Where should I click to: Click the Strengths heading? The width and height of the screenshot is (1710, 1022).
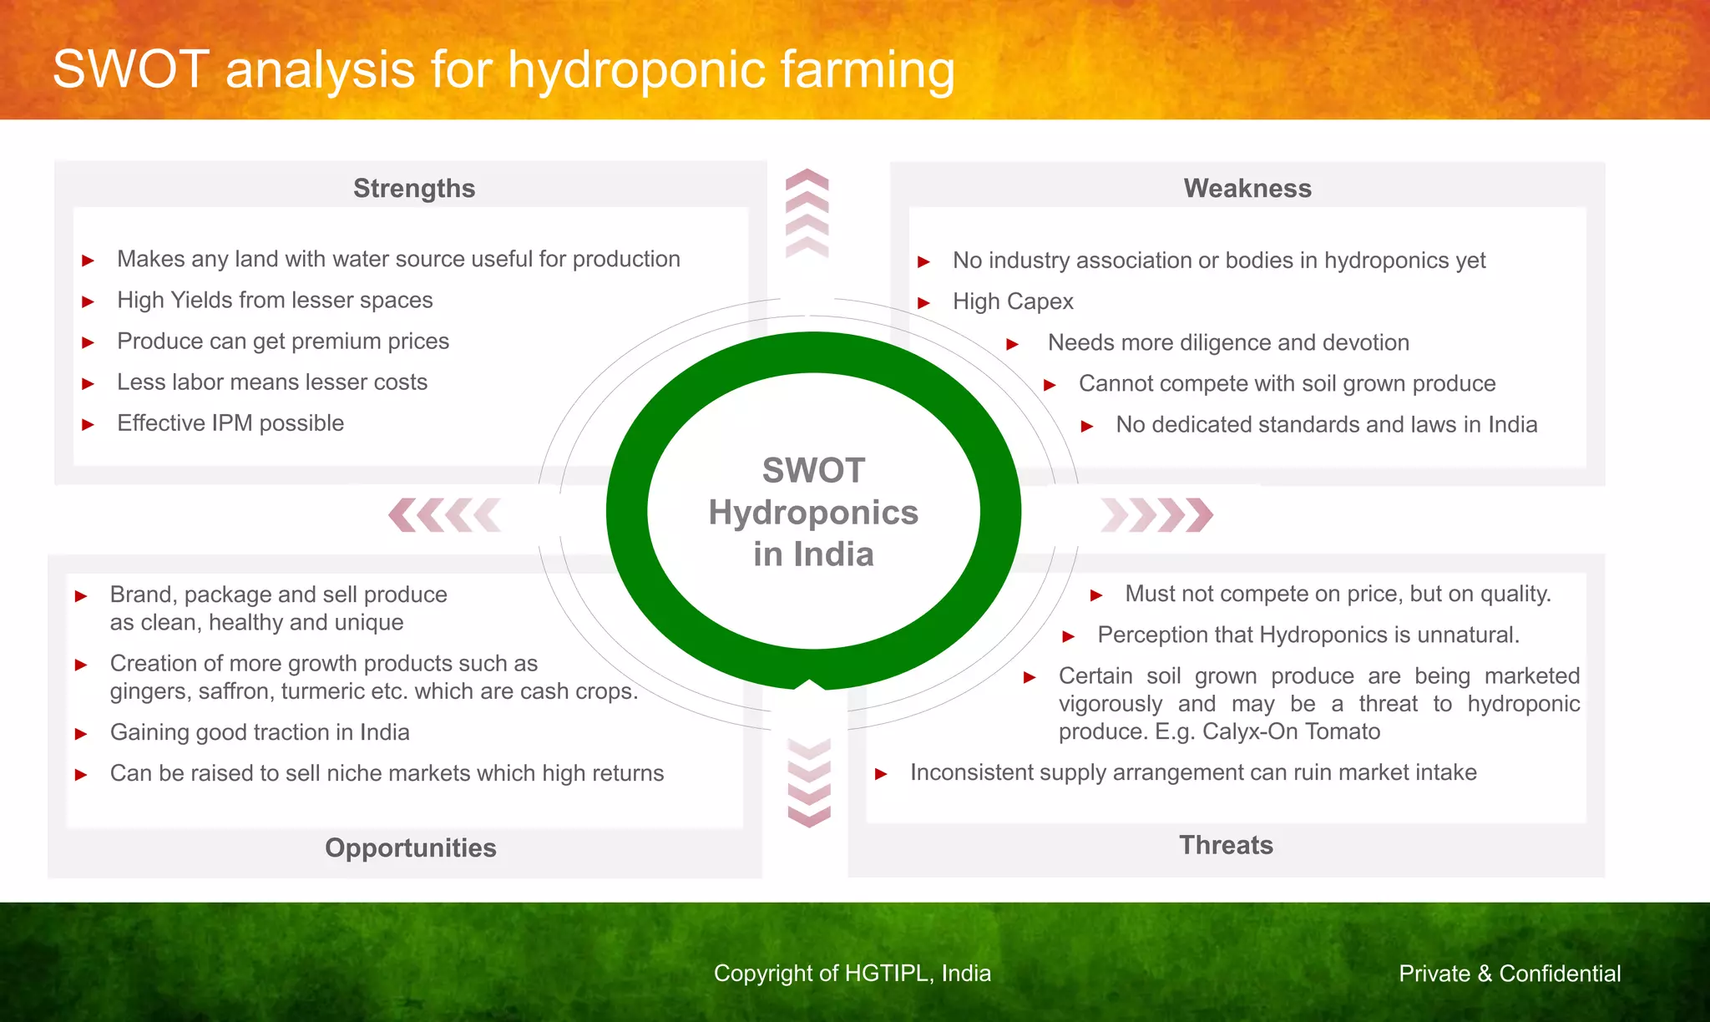coord(414,189)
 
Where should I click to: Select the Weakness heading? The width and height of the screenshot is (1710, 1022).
coord(1247,189)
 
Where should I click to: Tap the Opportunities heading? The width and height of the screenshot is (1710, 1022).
coord(411,847)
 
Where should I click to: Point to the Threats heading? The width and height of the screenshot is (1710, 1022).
coord(1226,845)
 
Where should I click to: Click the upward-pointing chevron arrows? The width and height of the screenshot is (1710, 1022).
coord(807,213)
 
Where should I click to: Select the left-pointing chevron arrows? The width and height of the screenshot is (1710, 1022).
coord(445,515)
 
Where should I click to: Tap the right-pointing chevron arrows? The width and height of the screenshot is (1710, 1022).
coord(1157,515)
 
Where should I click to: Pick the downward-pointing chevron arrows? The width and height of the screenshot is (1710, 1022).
coord(809,782)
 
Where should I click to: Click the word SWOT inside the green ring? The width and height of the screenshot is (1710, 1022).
coord(813,471)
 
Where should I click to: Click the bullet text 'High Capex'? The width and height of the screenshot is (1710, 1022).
coord(1013,301)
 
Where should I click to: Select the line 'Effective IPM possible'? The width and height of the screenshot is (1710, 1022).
coord(230,423)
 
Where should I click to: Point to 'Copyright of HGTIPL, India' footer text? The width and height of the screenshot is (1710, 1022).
coord(852,974)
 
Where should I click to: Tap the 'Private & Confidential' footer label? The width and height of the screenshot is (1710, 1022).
coord(1510,974)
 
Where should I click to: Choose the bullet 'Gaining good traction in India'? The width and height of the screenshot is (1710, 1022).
coord(260,732)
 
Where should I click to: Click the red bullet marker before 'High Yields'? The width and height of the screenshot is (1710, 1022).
coord(88,301)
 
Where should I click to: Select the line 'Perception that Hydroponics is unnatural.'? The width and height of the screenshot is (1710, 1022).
coord(1308,635)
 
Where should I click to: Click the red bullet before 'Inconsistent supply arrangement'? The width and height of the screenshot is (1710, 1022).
coord(881,774)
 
